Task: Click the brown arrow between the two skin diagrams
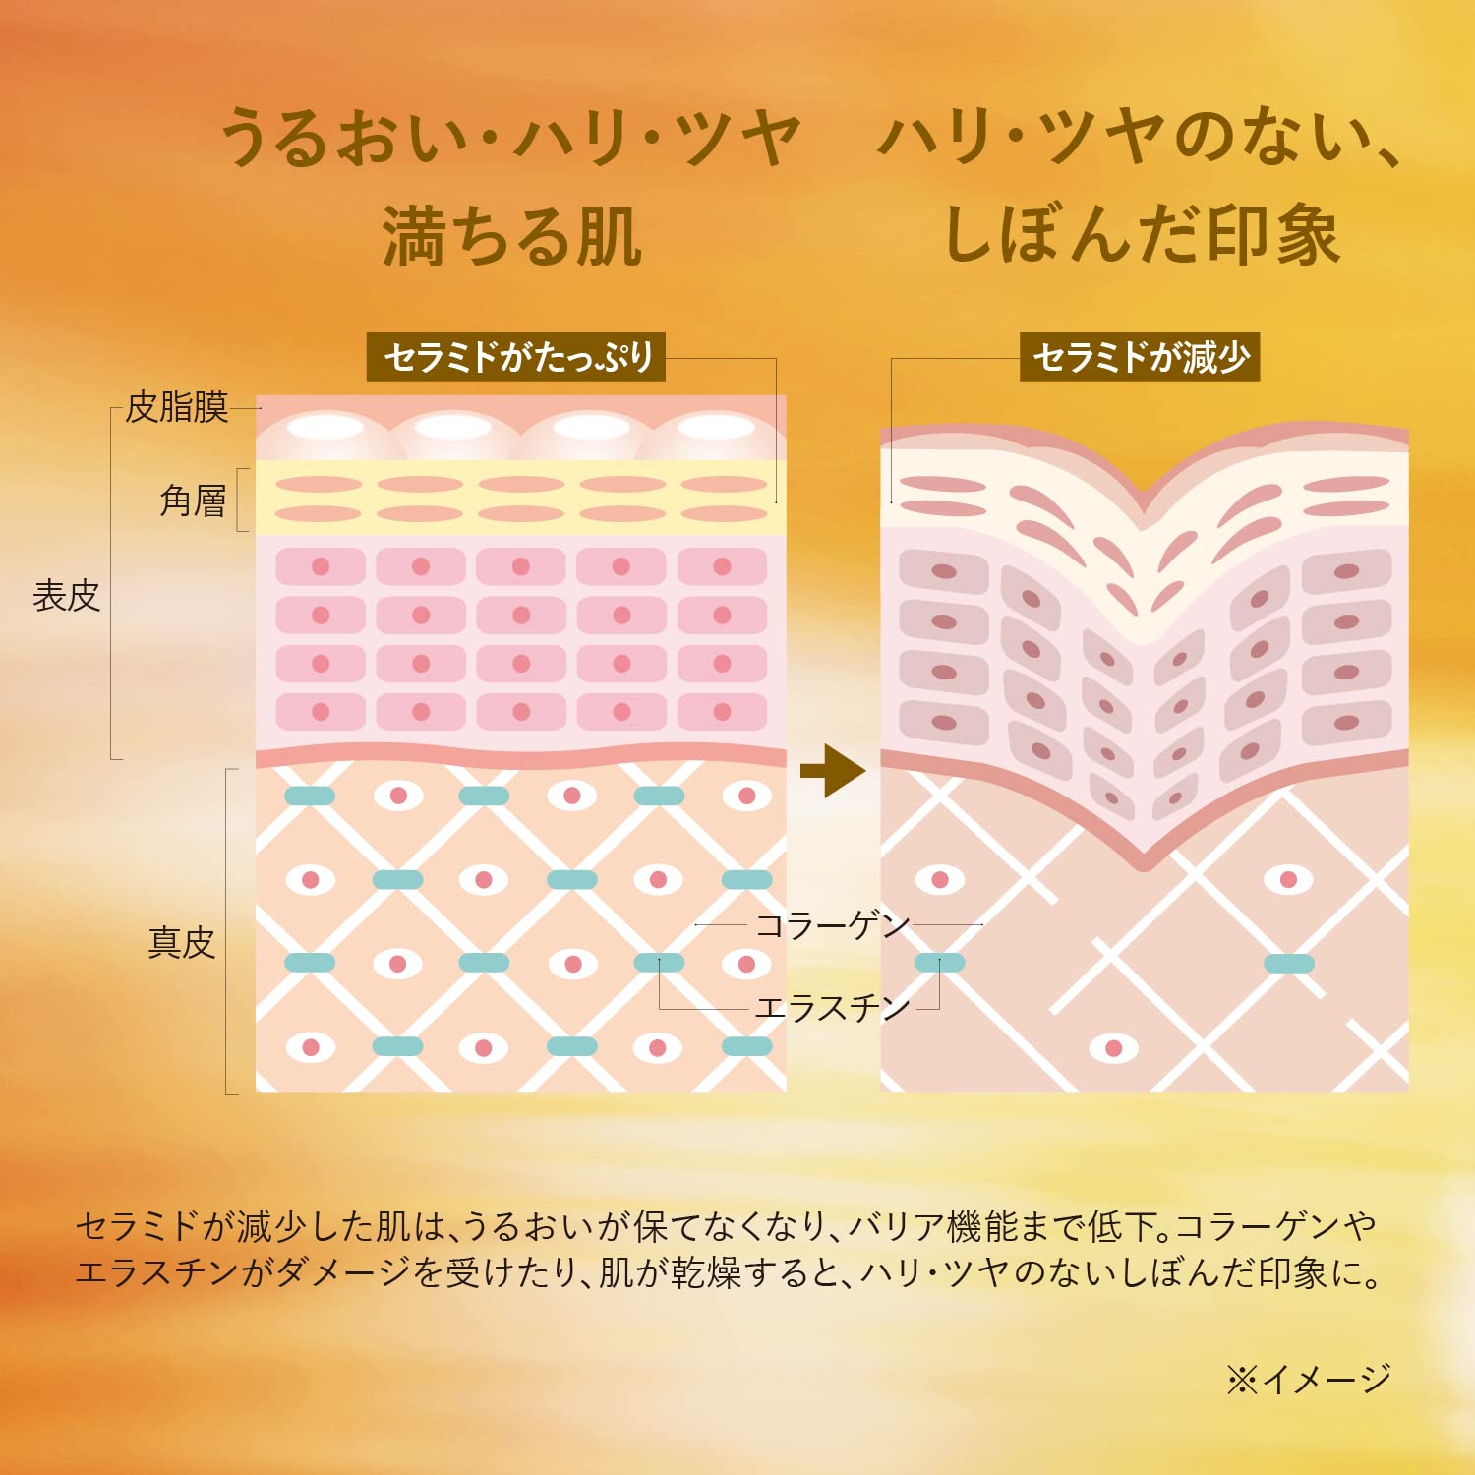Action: (832, 771)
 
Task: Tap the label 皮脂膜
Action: (177, 406)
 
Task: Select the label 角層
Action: (193, 501)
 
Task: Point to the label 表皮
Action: (67, 596)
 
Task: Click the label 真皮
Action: (181, 942)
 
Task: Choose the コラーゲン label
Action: (832, 925)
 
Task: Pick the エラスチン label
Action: (832, 1007)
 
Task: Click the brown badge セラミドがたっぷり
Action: (517, 357)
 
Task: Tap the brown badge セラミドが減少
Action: (1140, 357)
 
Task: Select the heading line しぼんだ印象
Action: (1141, 236)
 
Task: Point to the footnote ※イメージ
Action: (1308, 1379)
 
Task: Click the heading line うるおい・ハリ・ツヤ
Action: (511, 138)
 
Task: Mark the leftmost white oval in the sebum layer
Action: (325, 427)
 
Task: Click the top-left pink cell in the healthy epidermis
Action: (321, 566)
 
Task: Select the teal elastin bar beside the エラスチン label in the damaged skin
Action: (939, 963)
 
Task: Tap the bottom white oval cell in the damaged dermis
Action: (1113, 1048)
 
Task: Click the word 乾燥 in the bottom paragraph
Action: (706, 1273)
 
